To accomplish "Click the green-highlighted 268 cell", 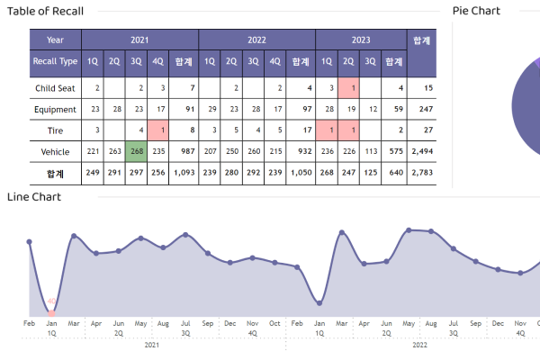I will [x=136, y=152].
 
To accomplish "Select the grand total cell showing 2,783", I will [x=422, y=173].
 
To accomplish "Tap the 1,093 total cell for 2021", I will [x=184, y=173].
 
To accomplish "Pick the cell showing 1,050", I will [x=301, y=173].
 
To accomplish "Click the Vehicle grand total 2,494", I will [x=422, y=152].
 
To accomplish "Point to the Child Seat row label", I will [x=55, y=88].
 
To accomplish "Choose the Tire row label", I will [x=55, y=130].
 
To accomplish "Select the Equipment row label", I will [x=55, y=109].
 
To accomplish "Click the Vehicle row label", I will [x=55, y=152].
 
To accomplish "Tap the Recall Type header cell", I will [x=55, y=61].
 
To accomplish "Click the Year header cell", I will [x=55, y=40].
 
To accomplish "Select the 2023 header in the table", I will [x=361, y=40].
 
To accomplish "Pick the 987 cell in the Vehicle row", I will [x=184, y=152].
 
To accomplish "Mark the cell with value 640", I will [x=392, y=173].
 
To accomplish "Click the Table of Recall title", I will [x=46, y=11].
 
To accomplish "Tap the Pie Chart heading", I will [x=476, y=11].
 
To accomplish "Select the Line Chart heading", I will [x=34, y=196].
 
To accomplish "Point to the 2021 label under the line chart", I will [x=152, y=345].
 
